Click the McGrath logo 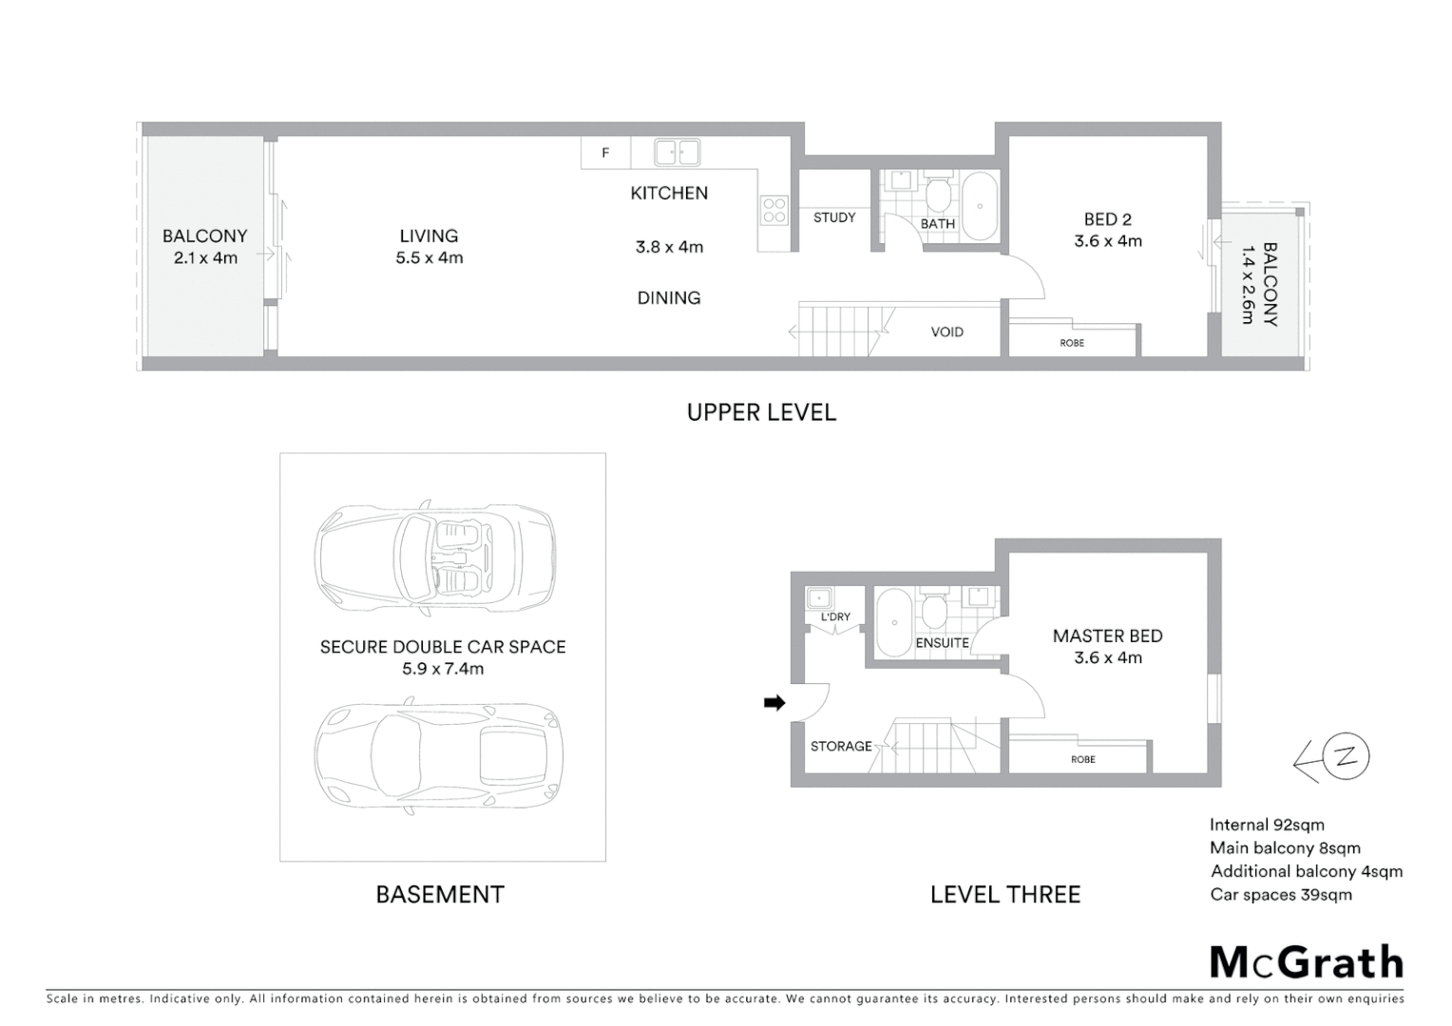pos(1306,962)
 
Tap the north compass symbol pos(1344,757)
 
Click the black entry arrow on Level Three pos(774,703)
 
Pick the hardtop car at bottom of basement pos(438,756)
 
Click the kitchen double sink pos(677,152)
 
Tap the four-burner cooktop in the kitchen pos(774,210)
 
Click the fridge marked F pos(605,153)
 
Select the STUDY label pos(834,218)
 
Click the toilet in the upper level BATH pos(938,196)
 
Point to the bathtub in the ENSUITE pos(892,622)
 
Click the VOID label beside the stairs pos(946,332)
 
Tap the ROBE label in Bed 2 pos(1072,343)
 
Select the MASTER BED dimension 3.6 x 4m pos(1108,657)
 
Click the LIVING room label pos(429,236)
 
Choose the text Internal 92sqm pos(1266,825)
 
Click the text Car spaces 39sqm pos(1280,894)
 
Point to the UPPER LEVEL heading pos(761,412)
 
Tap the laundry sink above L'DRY pos(819,598)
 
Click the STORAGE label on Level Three pos(840,746)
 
